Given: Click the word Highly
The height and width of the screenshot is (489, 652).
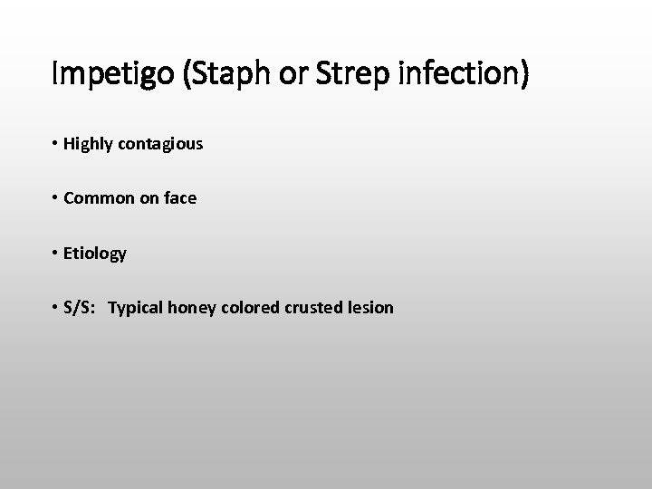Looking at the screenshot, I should coord(88,144).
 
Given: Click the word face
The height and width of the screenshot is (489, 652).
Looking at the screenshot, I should coord(179,198).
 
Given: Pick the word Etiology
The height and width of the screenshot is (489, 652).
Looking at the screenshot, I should coord(96,254).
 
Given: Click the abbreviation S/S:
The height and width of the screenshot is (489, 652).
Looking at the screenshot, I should coord(84,308).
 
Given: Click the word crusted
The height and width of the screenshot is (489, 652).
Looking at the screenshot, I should coord(310,308).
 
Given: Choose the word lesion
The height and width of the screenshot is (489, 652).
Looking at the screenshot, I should coord(369,308).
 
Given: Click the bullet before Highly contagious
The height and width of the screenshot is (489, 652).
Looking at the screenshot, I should coord(55,144).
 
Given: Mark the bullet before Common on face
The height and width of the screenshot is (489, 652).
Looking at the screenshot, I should coord(55,198).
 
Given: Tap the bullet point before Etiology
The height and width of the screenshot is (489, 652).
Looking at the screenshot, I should coord(55,254).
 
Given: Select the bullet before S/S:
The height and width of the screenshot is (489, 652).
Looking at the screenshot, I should coord(55,308).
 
